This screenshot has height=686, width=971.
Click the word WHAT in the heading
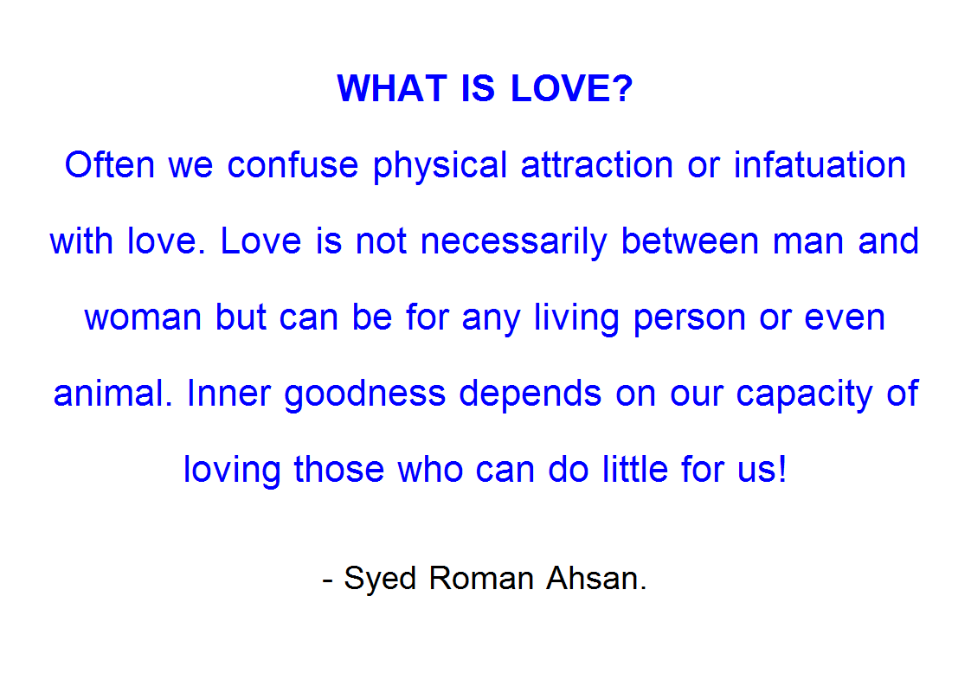[x=392, y=88]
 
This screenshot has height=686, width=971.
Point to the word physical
[x=440, y=166]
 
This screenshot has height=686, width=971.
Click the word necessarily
[x=514, y=242]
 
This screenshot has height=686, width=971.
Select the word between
[x=690, y=240]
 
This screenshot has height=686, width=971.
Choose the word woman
[x=143, y=317]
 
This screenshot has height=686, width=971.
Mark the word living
[x=576, y=318]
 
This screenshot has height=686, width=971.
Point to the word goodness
[x=364, y=394]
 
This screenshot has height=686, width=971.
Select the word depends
[x=531, y=394]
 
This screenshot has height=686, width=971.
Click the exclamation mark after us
[x=782, y=470]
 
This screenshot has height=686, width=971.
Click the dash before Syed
[x=328, y=581]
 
